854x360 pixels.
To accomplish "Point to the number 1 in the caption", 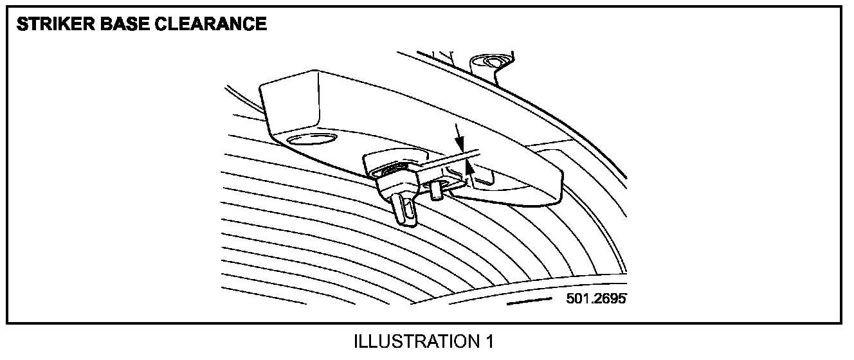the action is tap(489, 341).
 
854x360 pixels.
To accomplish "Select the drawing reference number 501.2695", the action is tap(596, 300).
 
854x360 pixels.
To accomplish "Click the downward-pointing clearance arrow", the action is tap(457, 139).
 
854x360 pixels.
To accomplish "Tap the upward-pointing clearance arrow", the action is tap(471, 172).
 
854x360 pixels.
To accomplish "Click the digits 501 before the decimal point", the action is tap(577, 300).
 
